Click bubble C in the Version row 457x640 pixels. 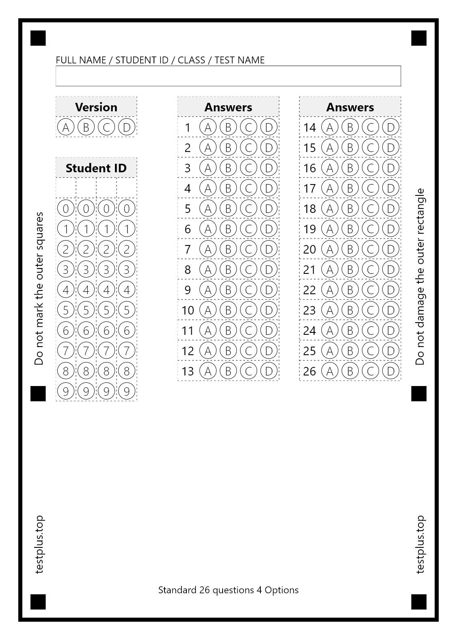106,127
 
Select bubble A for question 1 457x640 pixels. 208,127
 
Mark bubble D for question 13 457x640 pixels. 269,371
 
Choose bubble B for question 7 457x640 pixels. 228,249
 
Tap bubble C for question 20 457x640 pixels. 370,249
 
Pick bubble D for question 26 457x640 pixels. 391,371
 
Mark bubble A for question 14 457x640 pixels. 330,127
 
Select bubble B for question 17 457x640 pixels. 350,188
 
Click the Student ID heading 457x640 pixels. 96,168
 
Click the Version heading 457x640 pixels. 96,107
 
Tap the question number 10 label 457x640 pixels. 188,310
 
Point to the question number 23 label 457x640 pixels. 310,310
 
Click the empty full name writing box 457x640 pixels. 228,76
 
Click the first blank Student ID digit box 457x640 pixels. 66,188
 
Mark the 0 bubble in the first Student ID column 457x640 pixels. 66,208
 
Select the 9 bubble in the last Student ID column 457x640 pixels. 127,391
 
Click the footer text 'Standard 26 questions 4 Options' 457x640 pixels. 228,590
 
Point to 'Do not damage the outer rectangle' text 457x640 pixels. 420,276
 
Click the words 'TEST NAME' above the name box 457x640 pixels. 240,60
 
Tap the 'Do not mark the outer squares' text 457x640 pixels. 39,289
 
